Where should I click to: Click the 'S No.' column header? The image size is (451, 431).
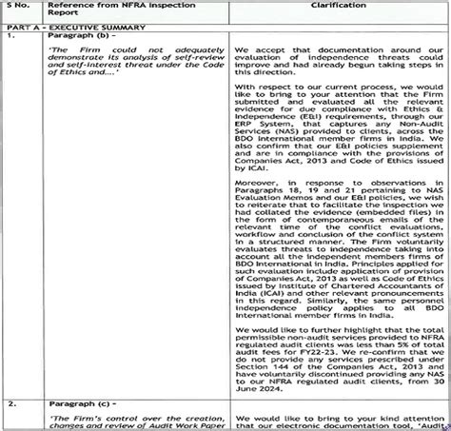pyautogui.click(x=21, y=7)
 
